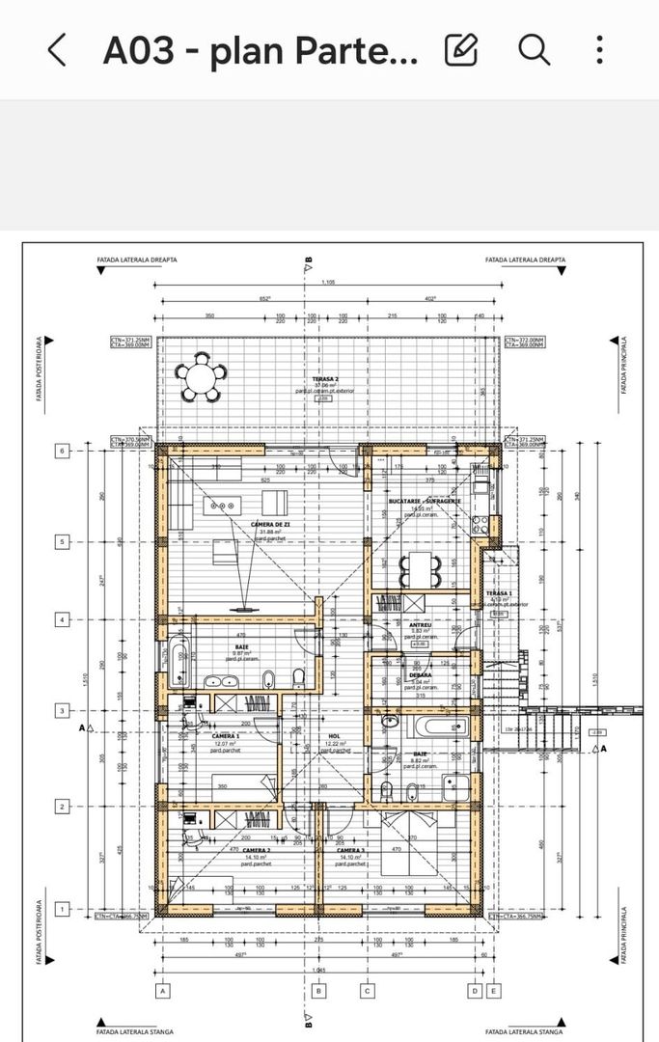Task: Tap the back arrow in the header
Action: click(x=57, y=49)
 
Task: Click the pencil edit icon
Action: click(x=461, y=49)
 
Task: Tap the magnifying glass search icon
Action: click(x=534, y=49)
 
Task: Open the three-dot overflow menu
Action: click(x=600, y=49)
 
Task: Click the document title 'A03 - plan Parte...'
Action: click(x=261, y=50)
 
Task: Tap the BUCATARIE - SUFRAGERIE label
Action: click(x=425, y=502)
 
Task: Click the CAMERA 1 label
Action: click(x=225, y=735)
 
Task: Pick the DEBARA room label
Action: click(x=420, y=675)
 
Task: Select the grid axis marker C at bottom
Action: click(x=367, y=990)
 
